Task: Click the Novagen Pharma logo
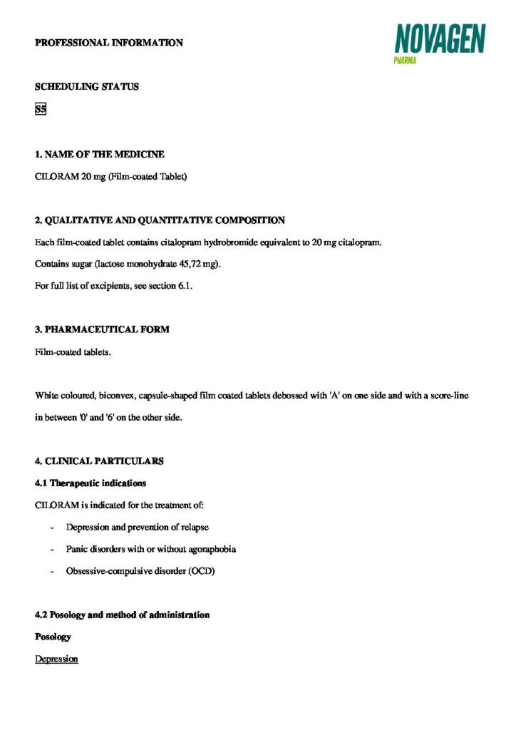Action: click(x=440, y=42)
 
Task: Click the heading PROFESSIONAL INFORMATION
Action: click(x=109, y=43)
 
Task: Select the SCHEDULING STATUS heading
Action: click(x=87, y=87)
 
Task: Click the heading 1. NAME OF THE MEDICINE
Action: click(x=100, y=154)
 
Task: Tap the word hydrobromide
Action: click(x=229, y=242)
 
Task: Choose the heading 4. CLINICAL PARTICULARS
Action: click(x=99, y=461)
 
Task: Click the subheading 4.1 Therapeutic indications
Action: click(x=91, y=483)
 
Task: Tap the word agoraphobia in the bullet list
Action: click(x=212, y=550)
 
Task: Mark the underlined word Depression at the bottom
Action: click(x=56, y=659)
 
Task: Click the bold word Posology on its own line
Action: click(x=53, y=637)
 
